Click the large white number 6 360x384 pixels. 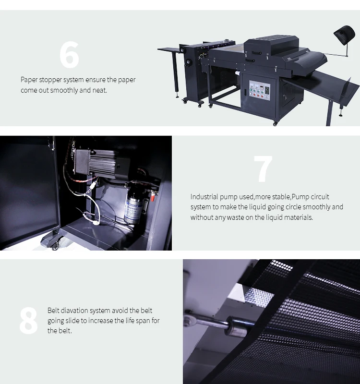click(69, 55)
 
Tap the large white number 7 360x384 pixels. click(263, 169)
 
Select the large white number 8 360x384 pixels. click(28, 320)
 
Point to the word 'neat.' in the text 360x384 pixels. click(100, 90)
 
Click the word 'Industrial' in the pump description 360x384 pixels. click(204, 197)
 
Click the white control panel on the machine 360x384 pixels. click(260, 90)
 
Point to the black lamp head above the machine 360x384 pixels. click(345, 35)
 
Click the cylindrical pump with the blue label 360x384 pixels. click(134, 204)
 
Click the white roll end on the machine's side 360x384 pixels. click(238, 73)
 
